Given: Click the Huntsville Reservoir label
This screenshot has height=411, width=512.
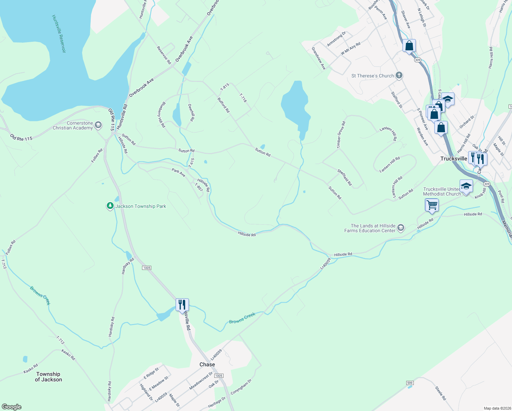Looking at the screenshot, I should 59,34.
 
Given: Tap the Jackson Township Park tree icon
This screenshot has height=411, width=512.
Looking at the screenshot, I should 110,206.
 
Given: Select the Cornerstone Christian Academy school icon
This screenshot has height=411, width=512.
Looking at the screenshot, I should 98,125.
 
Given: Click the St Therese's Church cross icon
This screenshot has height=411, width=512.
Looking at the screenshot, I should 399,76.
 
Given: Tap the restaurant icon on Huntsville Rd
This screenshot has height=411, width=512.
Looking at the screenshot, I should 182,304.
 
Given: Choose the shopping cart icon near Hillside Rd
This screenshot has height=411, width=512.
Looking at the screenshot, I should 432,205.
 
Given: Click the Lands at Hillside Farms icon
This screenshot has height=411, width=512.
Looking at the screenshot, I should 401,228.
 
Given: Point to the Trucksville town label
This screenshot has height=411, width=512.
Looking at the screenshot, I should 453,159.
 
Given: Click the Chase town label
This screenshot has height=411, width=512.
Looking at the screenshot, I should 207,364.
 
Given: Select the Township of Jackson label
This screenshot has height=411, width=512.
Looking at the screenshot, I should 48,377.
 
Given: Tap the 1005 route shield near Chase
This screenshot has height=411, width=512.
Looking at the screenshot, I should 219,376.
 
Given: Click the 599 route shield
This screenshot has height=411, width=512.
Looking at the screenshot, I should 410,383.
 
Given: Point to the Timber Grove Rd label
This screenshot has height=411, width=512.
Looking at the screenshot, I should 341,135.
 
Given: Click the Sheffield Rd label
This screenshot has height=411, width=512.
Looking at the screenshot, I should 344,177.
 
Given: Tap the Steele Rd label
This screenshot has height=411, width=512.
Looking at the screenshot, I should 440,393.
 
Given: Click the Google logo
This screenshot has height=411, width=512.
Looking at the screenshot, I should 12,407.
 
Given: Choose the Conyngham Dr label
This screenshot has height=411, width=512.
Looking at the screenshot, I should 241,387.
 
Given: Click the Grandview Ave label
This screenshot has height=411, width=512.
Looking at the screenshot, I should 319,59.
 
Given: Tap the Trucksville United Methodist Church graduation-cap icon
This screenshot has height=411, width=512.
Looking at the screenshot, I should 466,186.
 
